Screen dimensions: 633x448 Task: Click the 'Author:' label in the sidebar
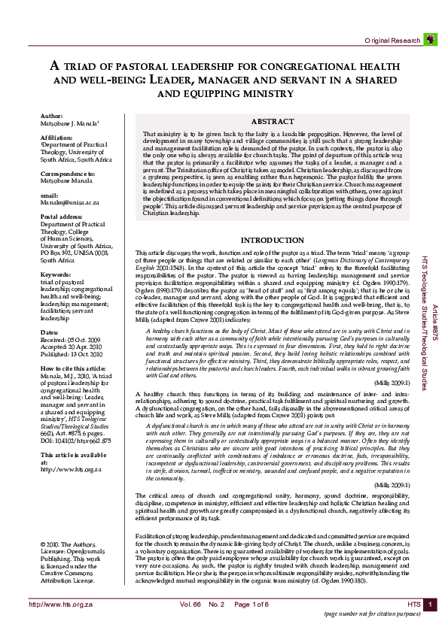point(52,117)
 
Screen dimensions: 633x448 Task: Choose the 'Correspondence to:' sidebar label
point(69,173)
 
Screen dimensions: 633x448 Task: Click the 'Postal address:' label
point(62,216)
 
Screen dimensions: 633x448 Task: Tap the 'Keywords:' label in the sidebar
point(56,275)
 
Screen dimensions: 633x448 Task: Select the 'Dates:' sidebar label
point(49,332)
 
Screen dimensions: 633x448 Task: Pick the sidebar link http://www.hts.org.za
point(70,448)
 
